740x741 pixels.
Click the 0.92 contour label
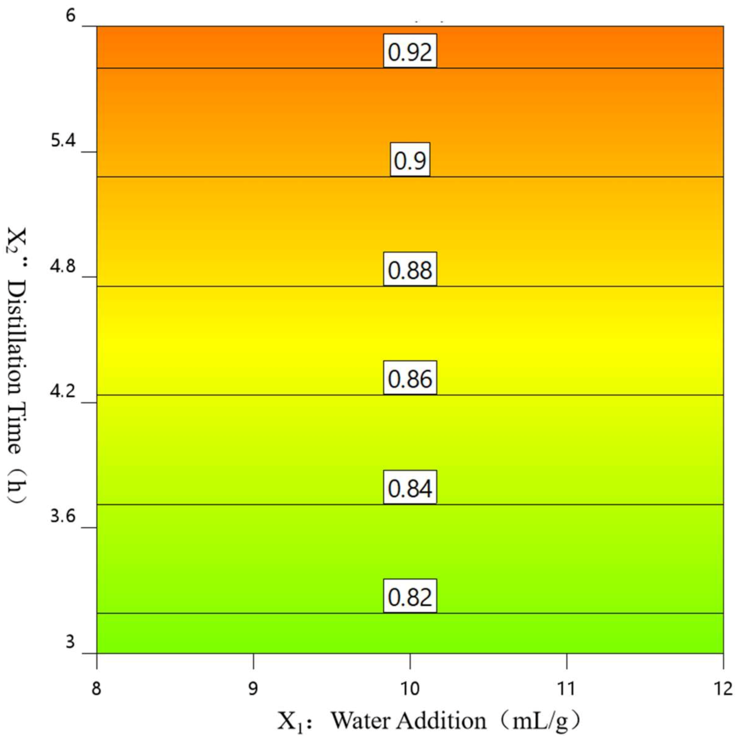pyautogui.click(x=410, y=51)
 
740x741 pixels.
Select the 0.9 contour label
pyautogui.click(x=410, y=160)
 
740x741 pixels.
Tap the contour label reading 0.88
pyautogui.click(x=410, y=269)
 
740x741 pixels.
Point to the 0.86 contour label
pyautogui.click(x=410, y=378)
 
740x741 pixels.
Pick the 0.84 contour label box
pyautogui.click(x=410, y=487)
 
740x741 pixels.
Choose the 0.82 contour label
pyautogui.click(x=410, y=596)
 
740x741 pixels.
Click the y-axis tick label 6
pyautogui.click(x=71, y=16)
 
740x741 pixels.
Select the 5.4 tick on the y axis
pyautogui.click(x=63, y=141)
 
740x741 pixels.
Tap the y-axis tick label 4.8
pyautogui.click(x=63, y=266)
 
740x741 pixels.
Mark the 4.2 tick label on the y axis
pyautogui.click(x=63, y=391)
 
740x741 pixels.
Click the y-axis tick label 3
pyautogui.click(x=70, y=642)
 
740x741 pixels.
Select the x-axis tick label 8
pyautogui.click(x=96, y=689)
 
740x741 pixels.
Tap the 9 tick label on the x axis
pyautogui.click(x=253, y=689)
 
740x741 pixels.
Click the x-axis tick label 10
pyautogui.click(x=410, y=689)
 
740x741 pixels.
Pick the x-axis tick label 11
pyautogui.click(x=566, y=689)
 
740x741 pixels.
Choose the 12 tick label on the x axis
pyautogui.click(x=723, y=689)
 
